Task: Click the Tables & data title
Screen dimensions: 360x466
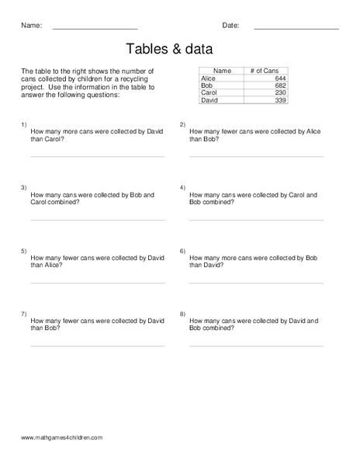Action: pos(169,49)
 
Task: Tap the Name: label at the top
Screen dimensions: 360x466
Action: pos(31,26)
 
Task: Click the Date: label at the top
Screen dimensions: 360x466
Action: pos(230,26)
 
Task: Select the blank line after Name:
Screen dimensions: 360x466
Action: pos(95,29)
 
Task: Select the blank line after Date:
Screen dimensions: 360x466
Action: pos(296,29)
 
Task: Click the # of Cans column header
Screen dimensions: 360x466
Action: pos(265,71)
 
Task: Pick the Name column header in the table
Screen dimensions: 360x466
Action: pos(222,71)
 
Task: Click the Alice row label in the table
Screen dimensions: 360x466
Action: pos(209,78)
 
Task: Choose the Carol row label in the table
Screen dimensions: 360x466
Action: pos(209,92)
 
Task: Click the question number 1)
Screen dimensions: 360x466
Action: pos(24,124)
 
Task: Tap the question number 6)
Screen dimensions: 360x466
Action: pos(182,251)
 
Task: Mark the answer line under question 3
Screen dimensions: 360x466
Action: pos(97,220)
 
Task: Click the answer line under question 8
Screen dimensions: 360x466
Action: pos(256,346)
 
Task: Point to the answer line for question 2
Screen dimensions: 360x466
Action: pos(256,156)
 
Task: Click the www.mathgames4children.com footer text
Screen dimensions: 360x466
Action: pos(62,438)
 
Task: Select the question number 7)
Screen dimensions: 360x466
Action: pos(24,313)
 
